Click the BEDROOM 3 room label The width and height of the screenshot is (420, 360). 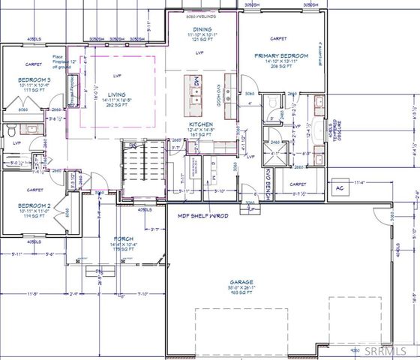pyautogui.click(x=35, y=79)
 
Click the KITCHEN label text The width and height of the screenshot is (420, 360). pyautogui.click(x=202, y=124)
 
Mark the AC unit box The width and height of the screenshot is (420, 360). pyautogui.click(x=339, y=187)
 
